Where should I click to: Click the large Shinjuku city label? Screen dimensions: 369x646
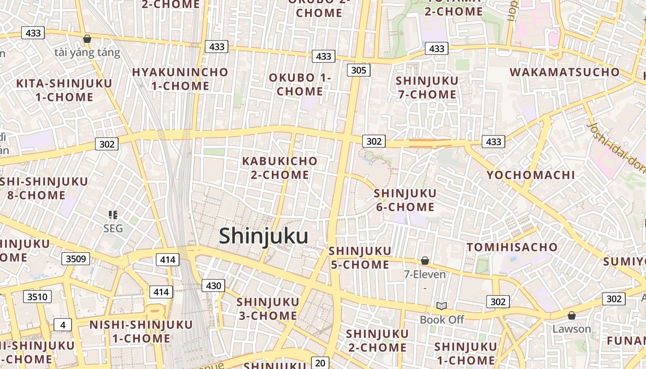pyautogui.click(x=263, y=236)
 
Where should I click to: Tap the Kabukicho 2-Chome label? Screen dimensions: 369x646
pyautogui.click(x=280, y=168)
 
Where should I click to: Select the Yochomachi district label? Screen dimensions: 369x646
pyautogui.click(x=531, y=175)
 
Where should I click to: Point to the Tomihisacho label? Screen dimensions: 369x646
pyautogui.click(x=512, y=247)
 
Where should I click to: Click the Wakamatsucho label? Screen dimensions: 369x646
pyautogui.click(x=564, y=72)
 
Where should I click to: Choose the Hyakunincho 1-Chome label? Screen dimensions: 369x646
pyautogui.click(x=180, y=79)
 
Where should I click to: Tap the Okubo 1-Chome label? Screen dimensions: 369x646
pyautogui.click(x=300, y=84)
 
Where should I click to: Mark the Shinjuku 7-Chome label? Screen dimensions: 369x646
pyautogui.click(x=427, y=88)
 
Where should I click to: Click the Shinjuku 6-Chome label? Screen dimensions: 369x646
pyautogui.click(x=405, y=200)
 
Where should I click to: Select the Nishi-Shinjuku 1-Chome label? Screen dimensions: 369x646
pyautogui.click(x=141, y=331)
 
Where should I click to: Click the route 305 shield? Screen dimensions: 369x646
pyautogui.click(x=358, y=70)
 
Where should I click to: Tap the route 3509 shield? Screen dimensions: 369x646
pyautogui.click(x=76, y=258)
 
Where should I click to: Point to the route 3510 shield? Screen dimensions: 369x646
pyautogui.click(x=37, y=297)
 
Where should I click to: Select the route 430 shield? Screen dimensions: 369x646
pyautogui.click(x=213, y=286)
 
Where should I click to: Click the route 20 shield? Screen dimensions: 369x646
pyautogui.click(x=320, y=363)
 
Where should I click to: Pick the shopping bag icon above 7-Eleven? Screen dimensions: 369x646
pyautogui.click(x=425, y=261)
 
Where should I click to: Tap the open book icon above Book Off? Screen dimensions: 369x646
pyautogui.click(x=442, y=306)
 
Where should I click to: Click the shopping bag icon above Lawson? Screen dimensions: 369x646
pyautogui.click(x=571, y=315)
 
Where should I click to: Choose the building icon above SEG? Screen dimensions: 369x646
pyautogui.click(x=113, y=214)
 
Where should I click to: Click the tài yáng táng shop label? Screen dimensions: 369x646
pyautogui.click(x=87, y=52)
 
